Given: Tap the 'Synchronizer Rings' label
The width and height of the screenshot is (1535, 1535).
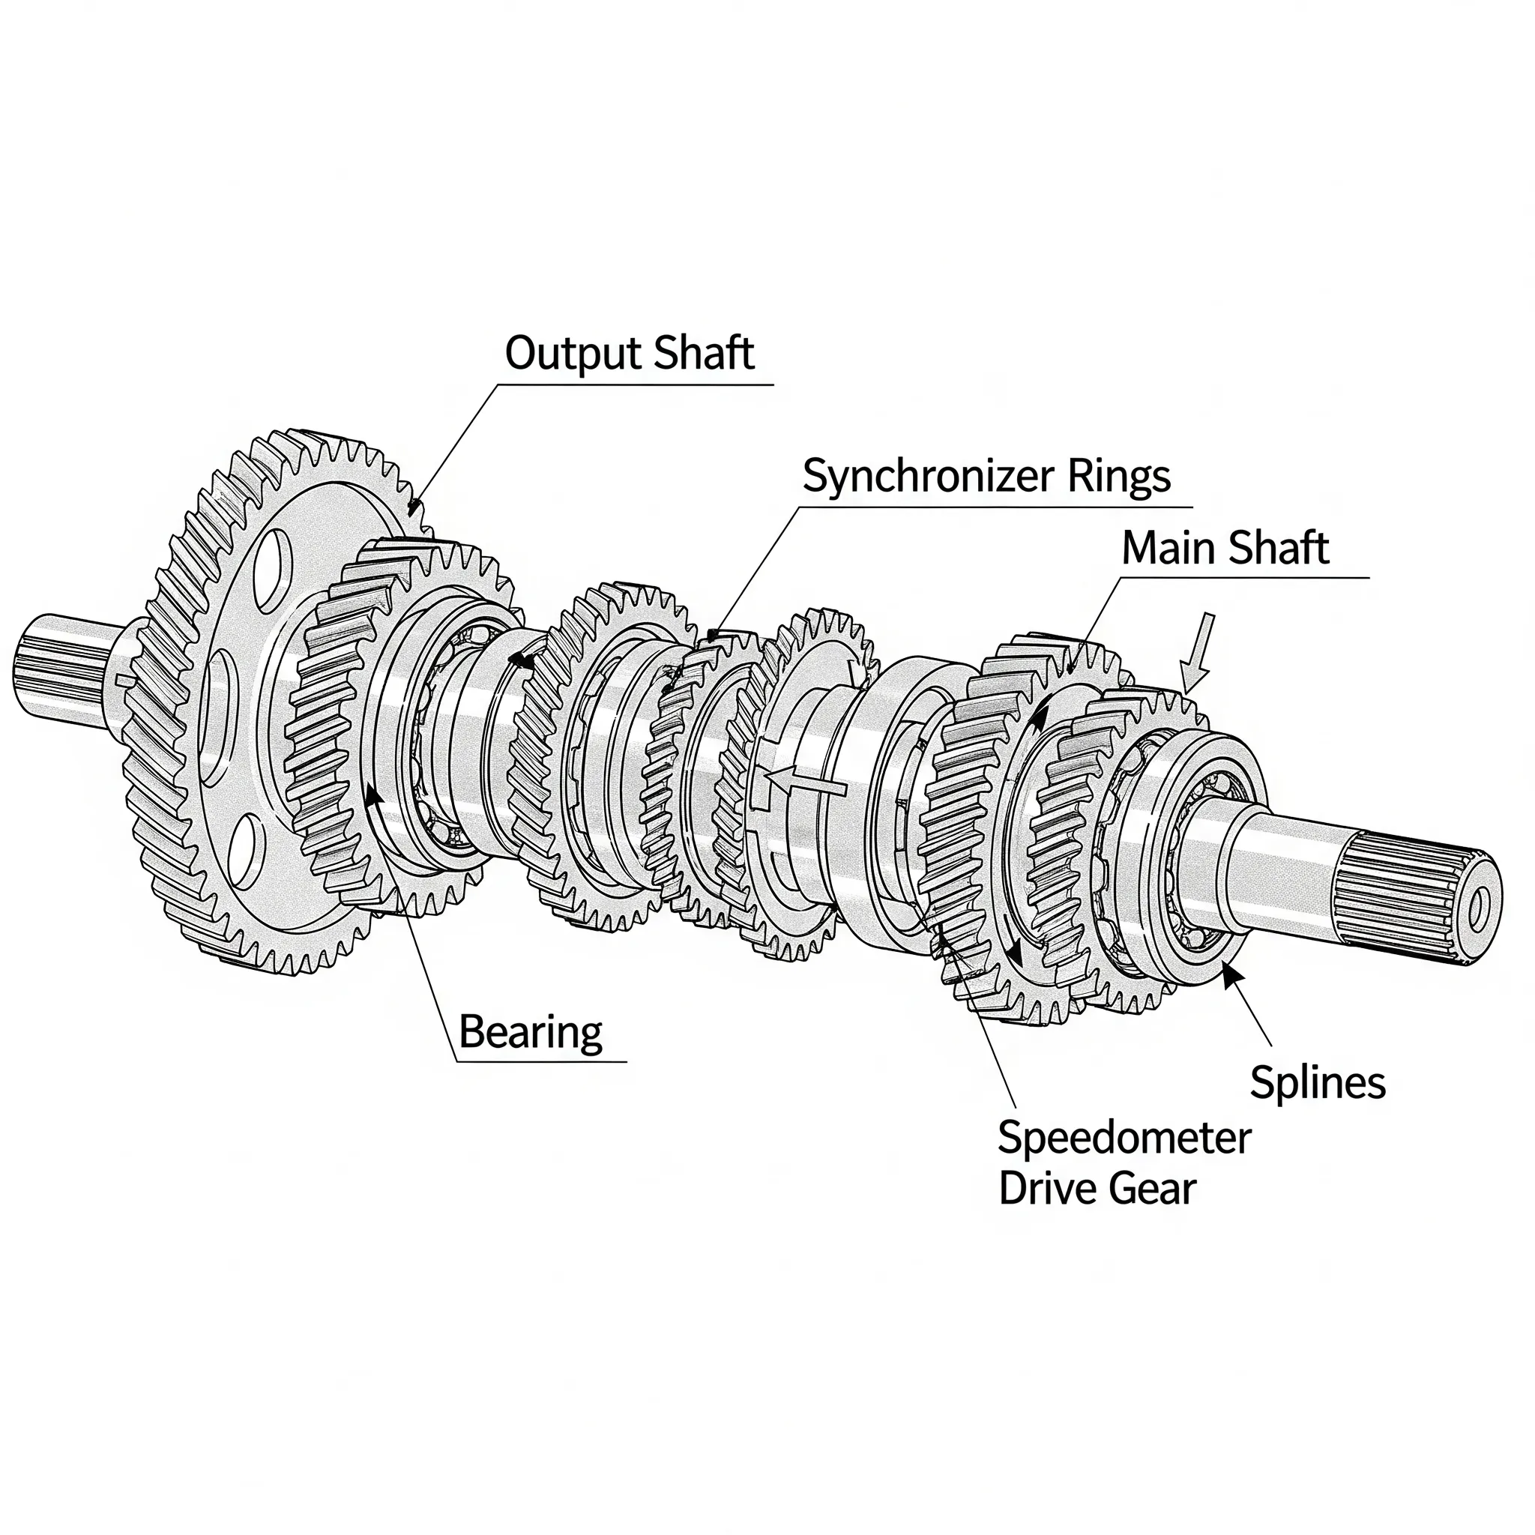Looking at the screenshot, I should tap(986, 477).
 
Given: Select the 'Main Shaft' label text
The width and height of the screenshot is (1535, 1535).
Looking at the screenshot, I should tap(1225, 548).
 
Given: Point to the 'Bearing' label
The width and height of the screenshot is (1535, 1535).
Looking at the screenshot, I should tap(531, 1032).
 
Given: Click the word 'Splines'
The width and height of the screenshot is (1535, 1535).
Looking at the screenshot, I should tap(1318, 1082).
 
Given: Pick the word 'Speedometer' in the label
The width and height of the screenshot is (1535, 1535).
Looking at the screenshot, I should tap(1124, 1138).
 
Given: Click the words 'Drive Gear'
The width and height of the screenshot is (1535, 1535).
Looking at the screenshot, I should tap(1097, 1189).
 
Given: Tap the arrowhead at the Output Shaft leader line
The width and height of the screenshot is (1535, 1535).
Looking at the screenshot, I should tap(413, 504).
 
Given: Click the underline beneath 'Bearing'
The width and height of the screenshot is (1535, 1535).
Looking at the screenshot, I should tap(540, 1061).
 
